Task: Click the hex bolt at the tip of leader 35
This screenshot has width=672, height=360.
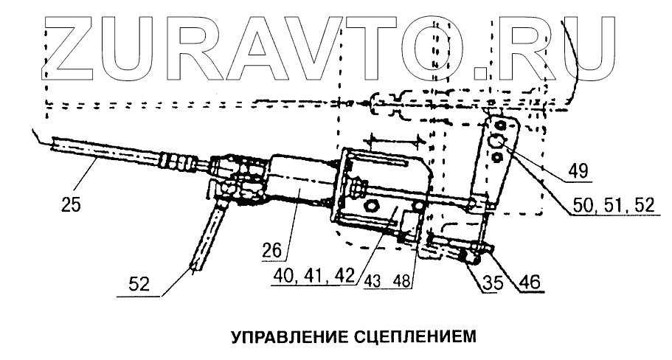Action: coord(465,256)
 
